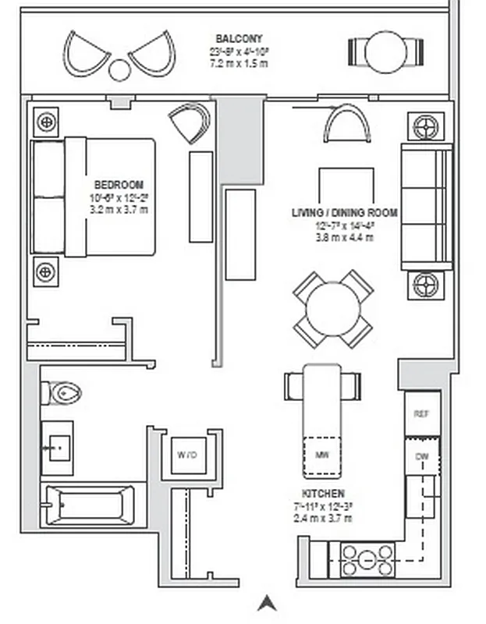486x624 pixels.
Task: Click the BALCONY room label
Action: (x=239, y=38)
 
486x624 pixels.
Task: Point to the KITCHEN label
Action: (x=324, y=494)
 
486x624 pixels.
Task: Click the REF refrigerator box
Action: (x=421, y=414)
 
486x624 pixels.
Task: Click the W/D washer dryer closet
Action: (x=186, y=454)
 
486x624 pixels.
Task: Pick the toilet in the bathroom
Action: (x=65, y=392)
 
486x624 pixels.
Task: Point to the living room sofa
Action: (x=426, y=207)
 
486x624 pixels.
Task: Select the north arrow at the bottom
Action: (x=267, y=603)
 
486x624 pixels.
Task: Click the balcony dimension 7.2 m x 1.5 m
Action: (x=239, y=62)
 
